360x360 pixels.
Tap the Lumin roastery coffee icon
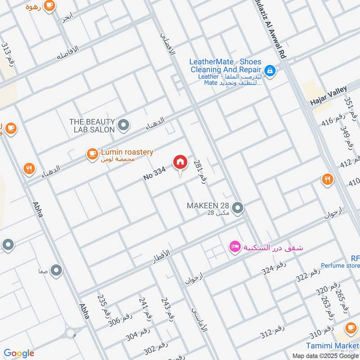(x=92, y=154)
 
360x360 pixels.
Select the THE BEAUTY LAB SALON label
(x=92, y=126)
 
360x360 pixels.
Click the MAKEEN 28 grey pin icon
(x=238, y=208)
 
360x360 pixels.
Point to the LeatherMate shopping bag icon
(x=270, y=70)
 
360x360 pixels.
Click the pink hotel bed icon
(x=234, y=247)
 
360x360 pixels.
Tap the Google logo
(x=19, y=353)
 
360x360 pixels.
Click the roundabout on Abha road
(x=71, y=333)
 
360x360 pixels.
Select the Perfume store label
(x=340, y=265)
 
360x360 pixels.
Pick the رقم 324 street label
(x=274, y=268)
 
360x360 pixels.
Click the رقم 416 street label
(x=333, y=121)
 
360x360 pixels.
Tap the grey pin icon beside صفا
(x=56, y=270)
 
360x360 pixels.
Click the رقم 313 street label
(x=8, y=54)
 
